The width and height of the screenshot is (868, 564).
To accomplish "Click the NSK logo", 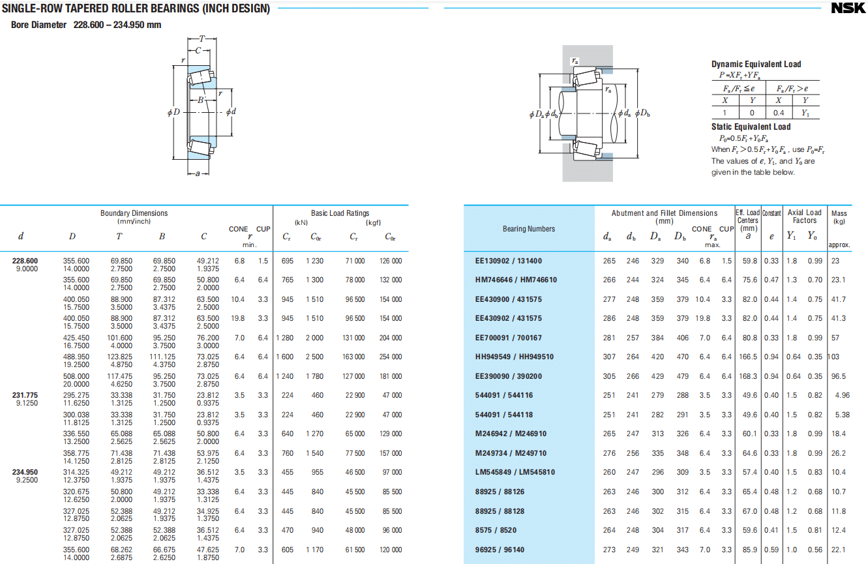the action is pyautogui.click(x=848, y=8).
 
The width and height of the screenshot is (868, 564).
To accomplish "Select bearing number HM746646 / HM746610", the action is pyautogui.click(x=516, y=280).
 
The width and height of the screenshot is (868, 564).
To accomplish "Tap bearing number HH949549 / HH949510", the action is pyautogui.click(x=514, y=357).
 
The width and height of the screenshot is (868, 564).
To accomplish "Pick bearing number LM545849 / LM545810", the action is pyautogui.click(x=515, y=472).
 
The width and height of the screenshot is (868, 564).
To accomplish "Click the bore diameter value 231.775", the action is pyautogui.click(x=25, y=395).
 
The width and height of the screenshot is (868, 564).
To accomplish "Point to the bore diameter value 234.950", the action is pyautogui.click(x=25, y=472).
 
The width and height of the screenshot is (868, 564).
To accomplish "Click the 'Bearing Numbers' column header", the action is pyautogui.click(x=528, y=229).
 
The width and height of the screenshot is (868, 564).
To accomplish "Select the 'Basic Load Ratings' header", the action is pyautogui.click(x=340, y=213).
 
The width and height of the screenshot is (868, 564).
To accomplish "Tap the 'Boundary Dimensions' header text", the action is pyautogui.click(x=134, y=213).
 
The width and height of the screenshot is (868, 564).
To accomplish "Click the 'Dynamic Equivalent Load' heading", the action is pyautogui.click(x=756, y=65).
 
